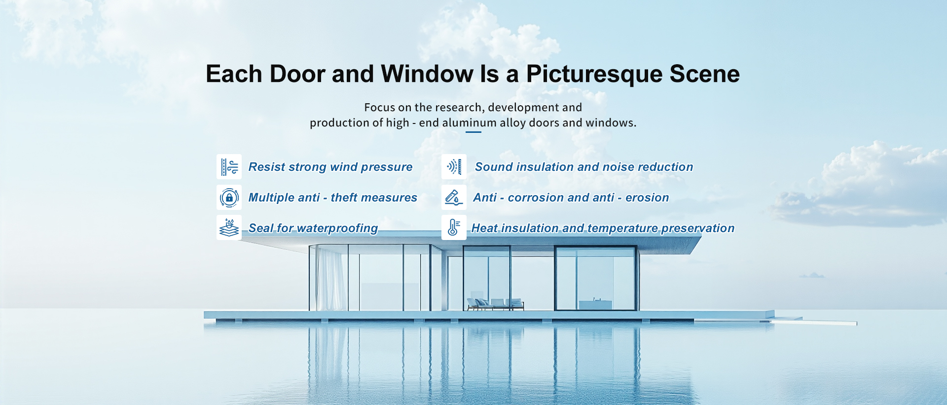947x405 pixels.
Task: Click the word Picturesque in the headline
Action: tap(594, 75)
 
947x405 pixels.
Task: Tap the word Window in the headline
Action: tap(427, 74)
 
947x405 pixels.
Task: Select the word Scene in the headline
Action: tap(705, 74)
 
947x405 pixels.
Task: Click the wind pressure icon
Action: tap(229, 167)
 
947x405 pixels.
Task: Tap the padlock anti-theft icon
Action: tap(229, 198)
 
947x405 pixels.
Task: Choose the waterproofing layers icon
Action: tap(229, 228)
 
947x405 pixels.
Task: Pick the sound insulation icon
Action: tap(454, 167)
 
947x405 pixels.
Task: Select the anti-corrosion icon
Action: tap(454, 198)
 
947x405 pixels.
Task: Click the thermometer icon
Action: tap(454, 228)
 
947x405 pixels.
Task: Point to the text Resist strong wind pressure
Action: tap(330, 167)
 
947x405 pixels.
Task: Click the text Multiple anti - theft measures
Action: tap(333, 198)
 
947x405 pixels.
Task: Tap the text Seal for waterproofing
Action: tap(313, 228)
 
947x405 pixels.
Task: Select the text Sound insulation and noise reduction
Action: tap(584, 167)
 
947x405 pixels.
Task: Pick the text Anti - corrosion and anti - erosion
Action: tap(571, 198)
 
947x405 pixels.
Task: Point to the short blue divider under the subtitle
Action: tap(473, 132)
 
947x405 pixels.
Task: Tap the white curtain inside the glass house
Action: tap(330, 279)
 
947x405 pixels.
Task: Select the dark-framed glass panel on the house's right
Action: tap(596, 278)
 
